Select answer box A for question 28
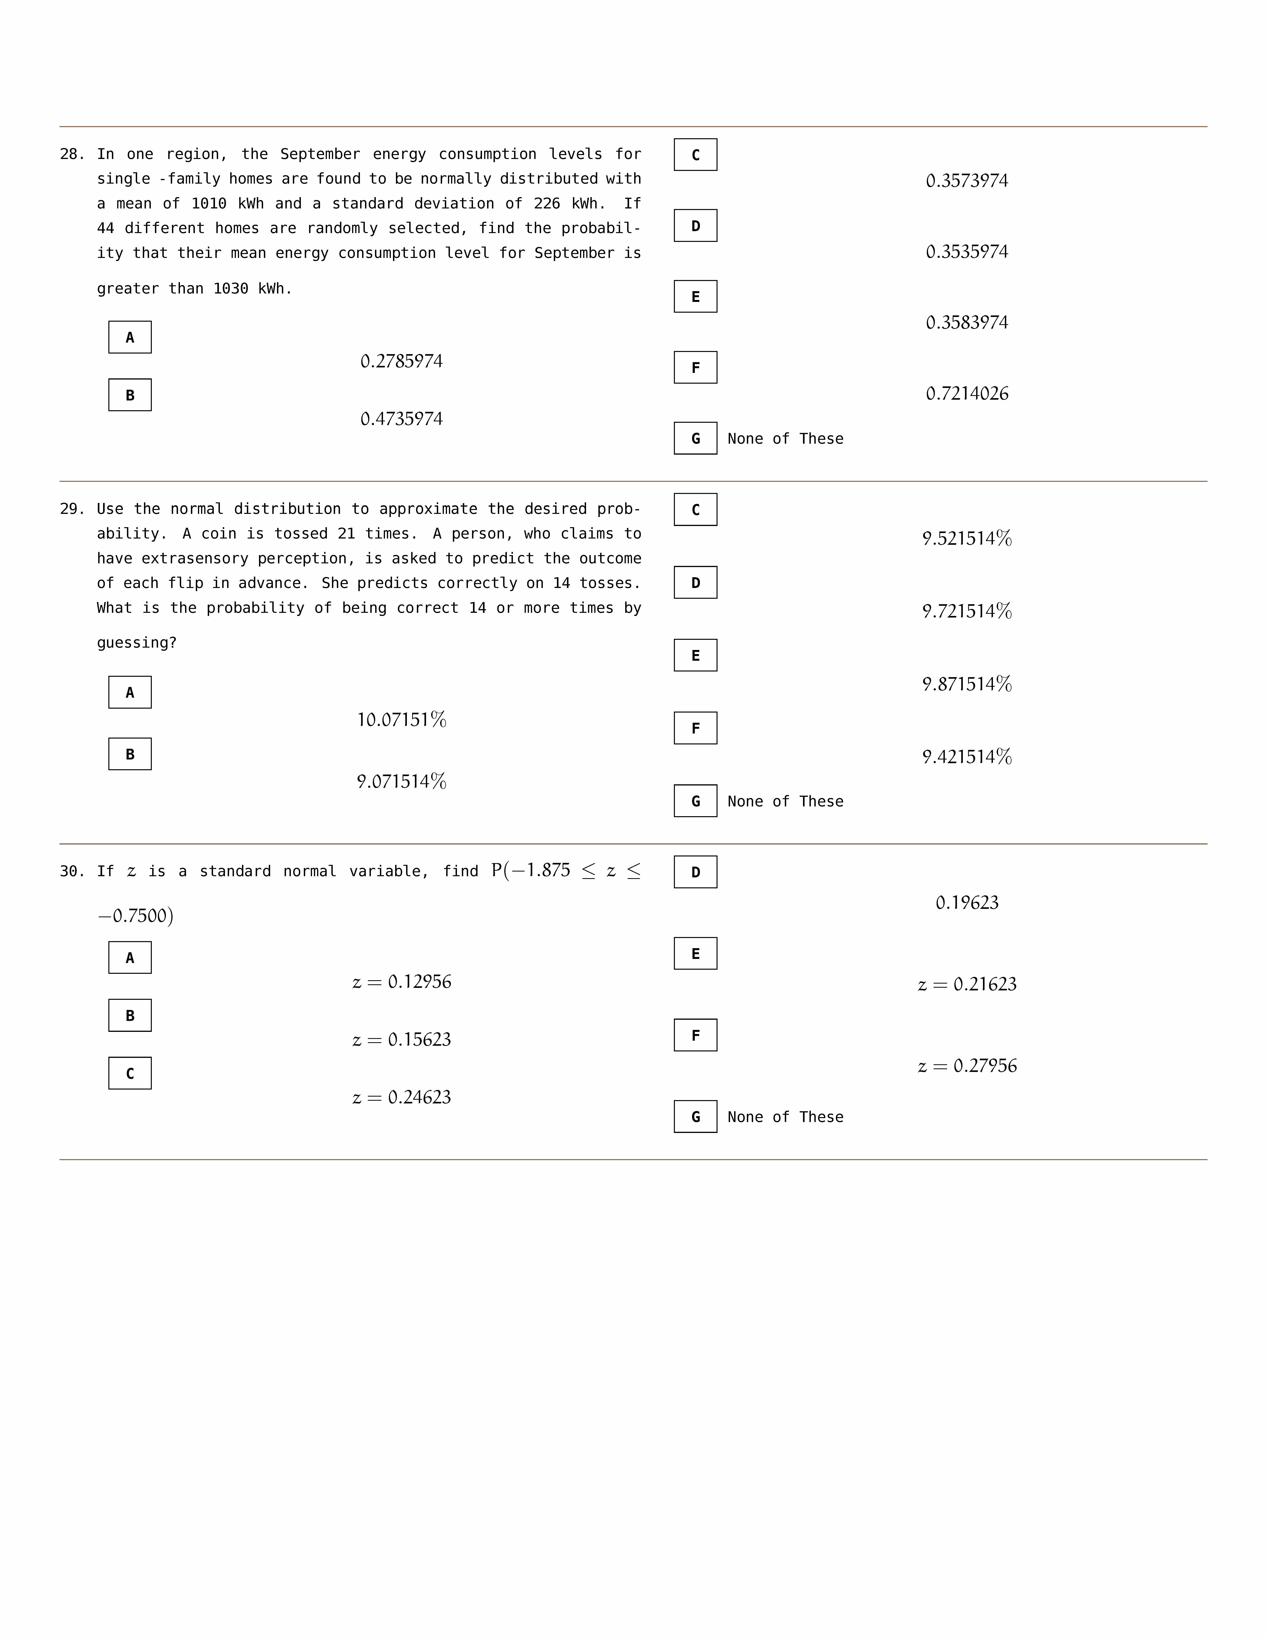(x=130, y=337)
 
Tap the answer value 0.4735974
(x=402, y=419)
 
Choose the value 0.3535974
(x=967, y=251)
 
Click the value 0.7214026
(x=967, y=393)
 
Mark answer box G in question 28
(x=695, y=438)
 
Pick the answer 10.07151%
(x=402, y=720)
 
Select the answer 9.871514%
(x=967, y=684)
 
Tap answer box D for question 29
(x=695, y=582)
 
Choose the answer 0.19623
(x=967, y=903)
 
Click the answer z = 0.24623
(x=402, y=1097)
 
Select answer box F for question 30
(x=695, y=1035)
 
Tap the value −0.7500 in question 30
(x=135, y=916)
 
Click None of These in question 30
(x=785, y=1117)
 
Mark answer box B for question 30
(x=130, y=1015)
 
